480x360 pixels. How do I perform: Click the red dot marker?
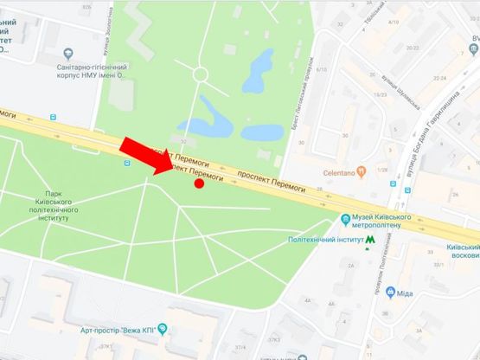coord(199,183)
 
